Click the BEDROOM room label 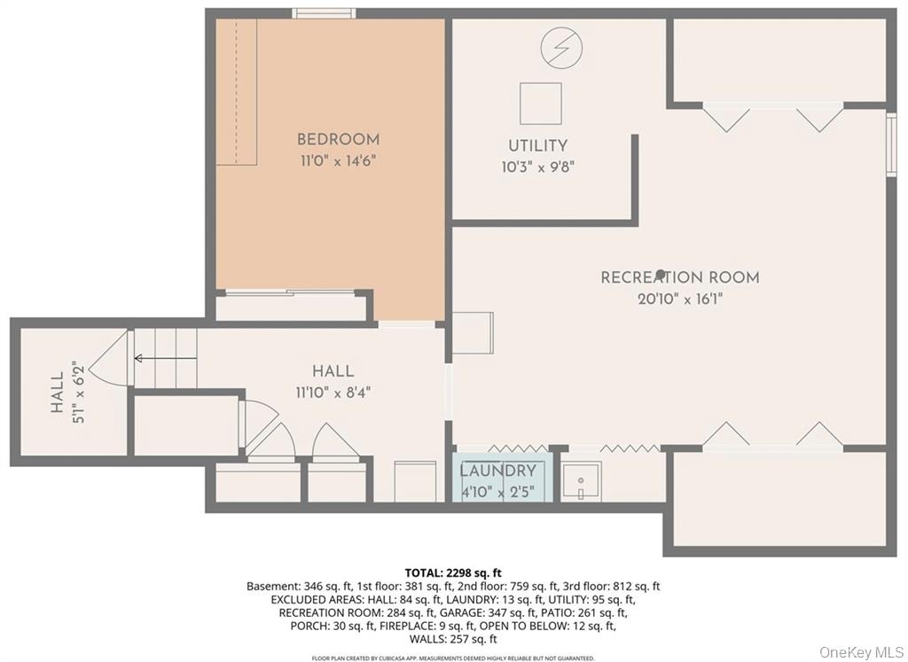[x=338, y=139]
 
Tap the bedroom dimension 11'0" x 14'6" [x=338, y=161]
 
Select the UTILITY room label [x=537, y=145]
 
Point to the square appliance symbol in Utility [x=540, y=104]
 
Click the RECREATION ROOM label [x=679, y=277]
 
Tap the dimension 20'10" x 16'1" [x=679, y=300]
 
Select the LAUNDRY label [x=498, y=471]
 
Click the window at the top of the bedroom [x=325, y=13]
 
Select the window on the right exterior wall [x=890, y=143]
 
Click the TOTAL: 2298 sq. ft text [x=453, y=573]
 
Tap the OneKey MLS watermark [x=859, y=651]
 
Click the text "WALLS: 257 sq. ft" [x=453, y=639]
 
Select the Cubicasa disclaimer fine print [x=453, y=658]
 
